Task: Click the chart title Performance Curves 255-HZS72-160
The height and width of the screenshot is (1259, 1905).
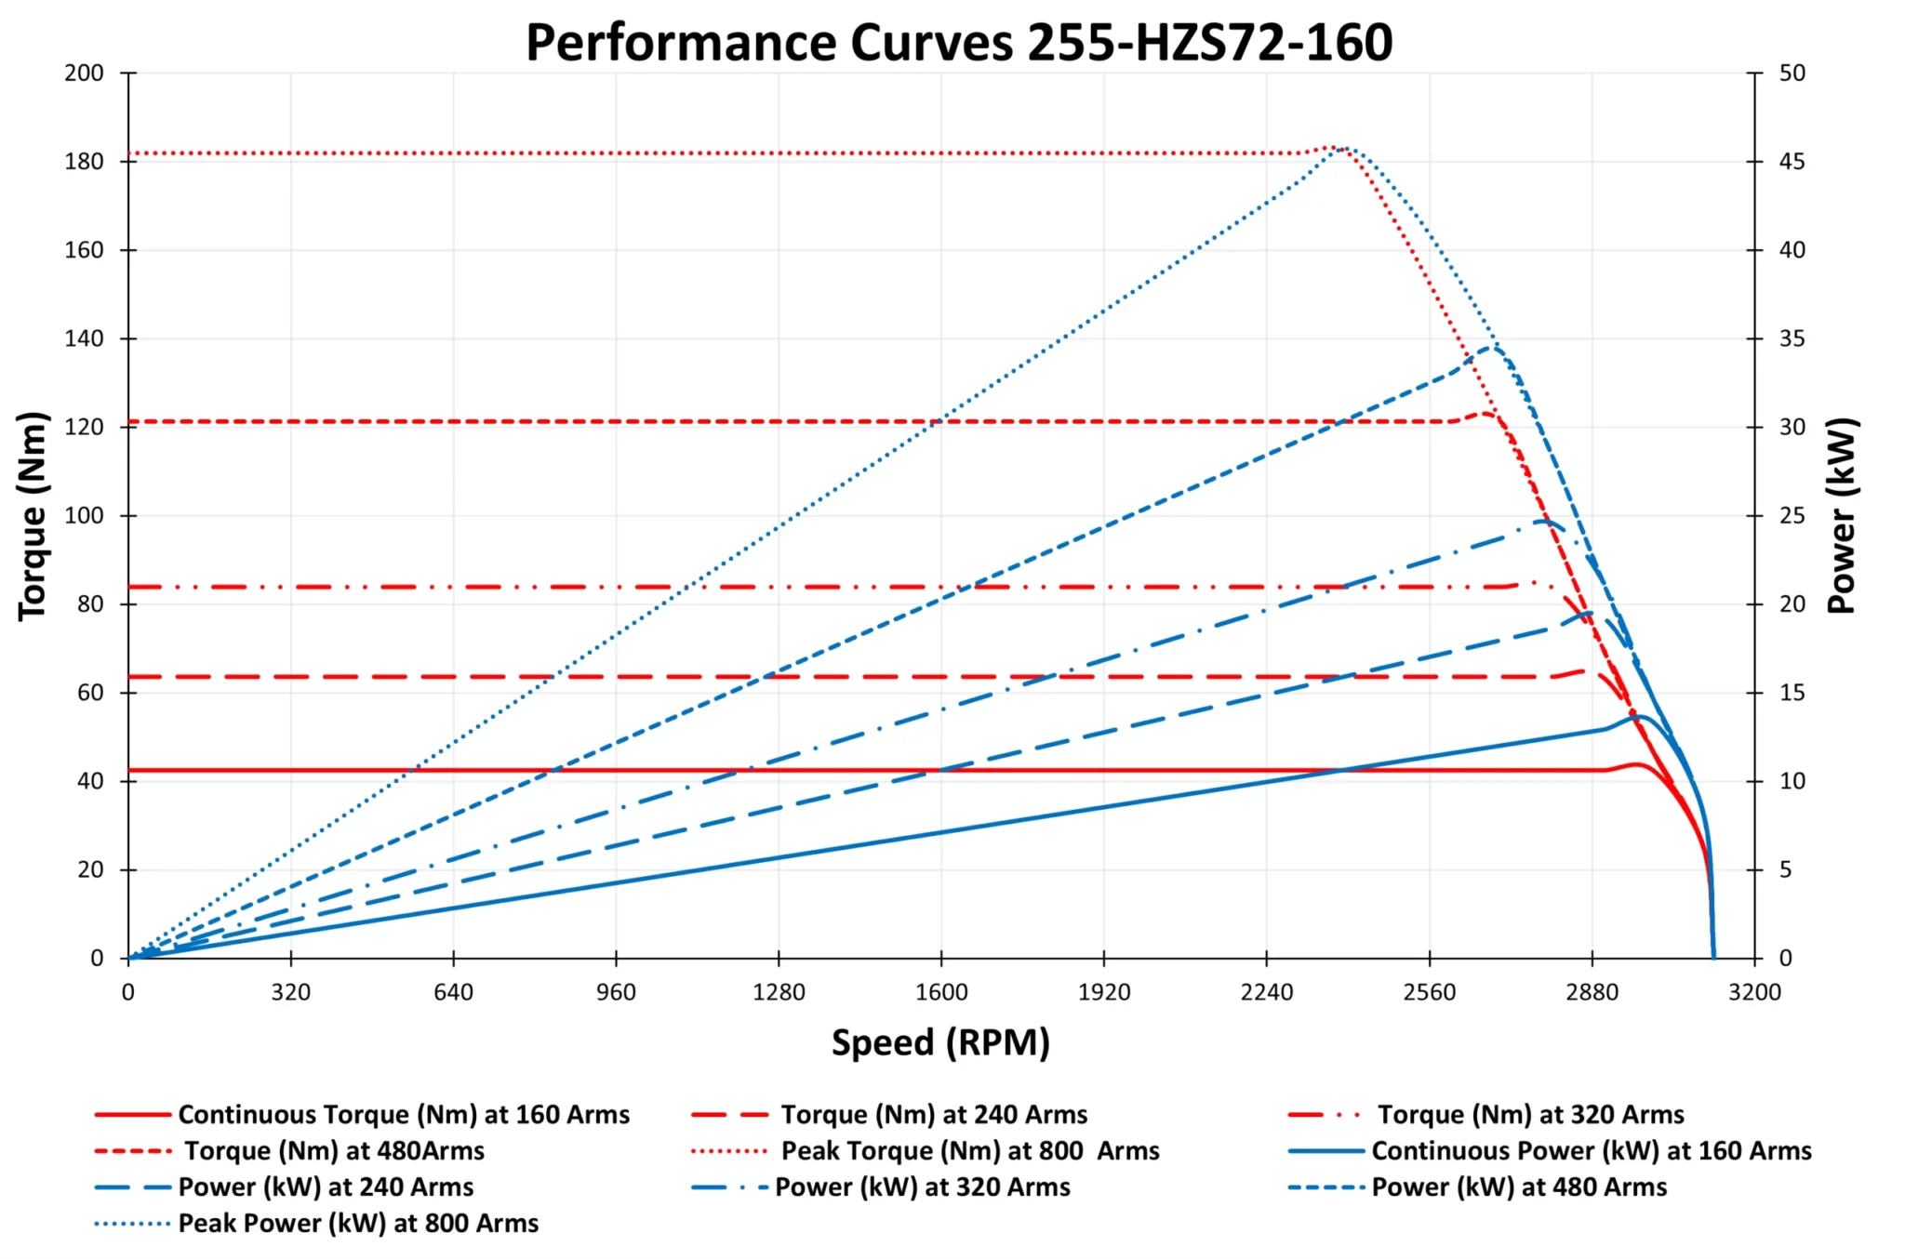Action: [959, 43]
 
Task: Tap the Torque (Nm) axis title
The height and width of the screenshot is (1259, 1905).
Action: [33, 515]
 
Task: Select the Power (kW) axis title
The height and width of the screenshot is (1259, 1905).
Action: [1842, 515]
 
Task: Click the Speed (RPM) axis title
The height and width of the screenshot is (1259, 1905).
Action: [940, 1042]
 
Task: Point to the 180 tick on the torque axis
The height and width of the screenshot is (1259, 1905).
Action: [84, 162]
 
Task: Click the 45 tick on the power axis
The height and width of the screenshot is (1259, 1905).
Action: [1792, 162]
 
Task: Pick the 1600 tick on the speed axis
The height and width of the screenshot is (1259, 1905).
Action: [941, 992]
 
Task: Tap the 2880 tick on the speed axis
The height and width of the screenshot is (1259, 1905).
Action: [1592, 992]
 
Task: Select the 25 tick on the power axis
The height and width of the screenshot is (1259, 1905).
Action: [1792, 516]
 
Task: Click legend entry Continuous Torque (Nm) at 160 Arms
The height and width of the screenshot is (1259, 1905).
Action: [404, 1114]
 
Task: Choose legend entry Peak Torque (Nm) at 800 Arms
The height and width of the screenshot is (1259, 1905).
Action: [969, 1150]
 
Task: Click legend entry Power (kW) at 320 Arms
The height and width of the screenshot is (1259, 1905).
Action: [922, 1186]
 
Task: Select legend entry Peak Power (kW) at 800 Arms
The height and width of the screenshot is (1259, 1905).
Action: [358, 1223]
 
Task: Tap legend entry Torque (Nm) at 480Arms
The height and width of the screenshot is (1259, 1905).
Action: [334, 1150]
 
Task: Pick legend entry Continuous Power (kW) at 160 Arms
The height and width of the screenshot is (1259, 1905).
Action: [1591, 1150]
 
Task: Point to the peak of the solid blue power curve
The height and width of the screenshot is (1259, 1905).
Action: [1641, 717]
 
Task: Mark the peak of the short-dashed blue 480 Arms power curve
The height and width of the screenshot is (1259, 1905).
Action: [1492, 348]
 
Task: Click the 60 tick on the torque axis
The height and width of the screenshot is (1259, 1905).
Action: [90, 693]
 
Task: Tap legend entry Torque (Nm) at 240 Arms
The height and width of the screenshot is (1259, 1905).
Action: [934, 1114]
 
